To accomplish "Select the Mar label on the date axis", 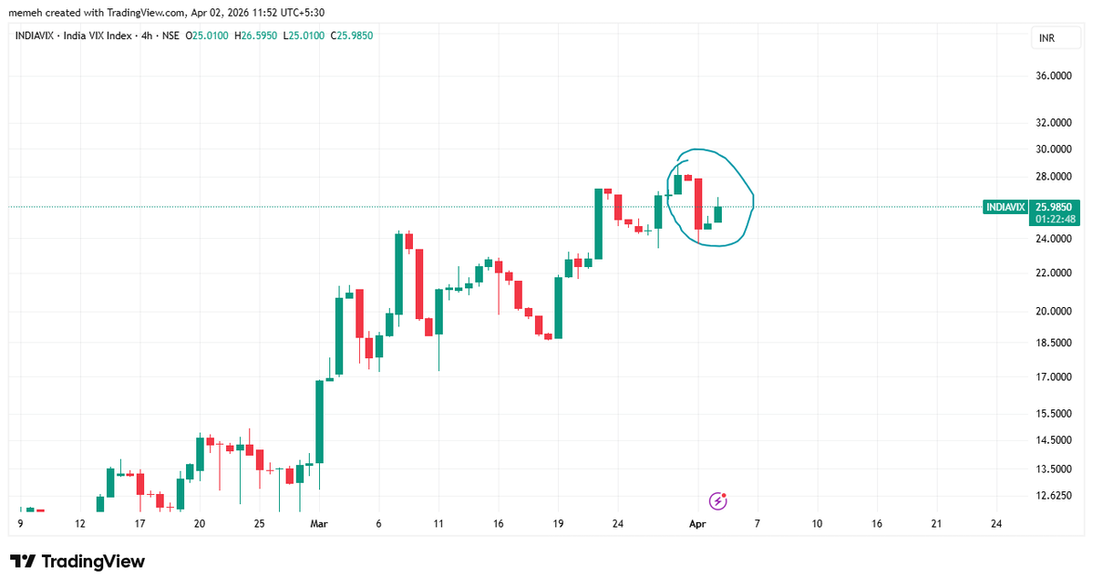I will click(x=318, y=524).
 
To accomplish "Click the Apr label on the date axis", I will click(x=698, y=524).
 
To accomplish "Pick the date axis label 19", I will click(x=558, y=524).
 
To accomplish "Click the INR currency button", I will click(x=1047, y=37).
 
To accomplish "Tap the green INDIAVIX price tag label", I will click(x=1006, y=208).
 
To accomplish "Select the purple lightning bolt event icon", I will click(x=718, y=500).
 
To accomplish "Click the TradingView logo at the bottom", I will click(x=78, y=561).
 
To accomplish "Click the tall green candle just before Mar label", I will click(x=319, y=421).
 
